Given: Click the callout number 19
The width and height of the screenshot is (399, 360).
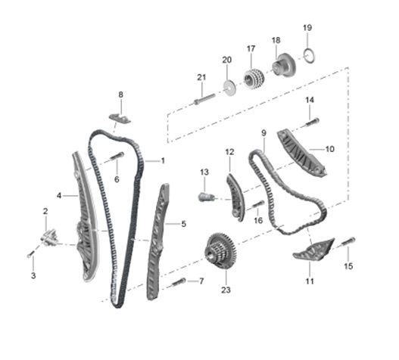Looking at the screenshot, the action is click(307, 27).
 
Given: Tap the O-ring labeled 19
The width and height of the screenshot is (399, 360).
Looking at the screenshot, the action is click(310, 51).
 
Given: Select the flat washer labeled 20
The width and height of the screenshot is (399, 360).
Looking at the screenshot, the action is click(229, 88).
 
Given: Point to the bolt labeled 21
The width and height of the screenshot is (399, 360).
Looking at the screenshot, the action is click(204, 99).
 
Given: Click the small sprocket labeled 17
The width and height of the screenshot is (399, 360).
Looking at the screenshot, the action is click(254, 79).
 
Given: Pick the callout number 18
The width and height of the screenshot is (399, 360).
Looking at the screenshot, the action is click(276, 40).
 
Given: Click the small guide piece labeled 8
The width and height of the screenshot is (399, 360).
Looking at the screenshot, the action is click(120, 118).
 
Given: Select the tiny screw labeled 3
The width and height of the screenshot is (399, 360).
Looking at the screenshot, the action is click(31, 253).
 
